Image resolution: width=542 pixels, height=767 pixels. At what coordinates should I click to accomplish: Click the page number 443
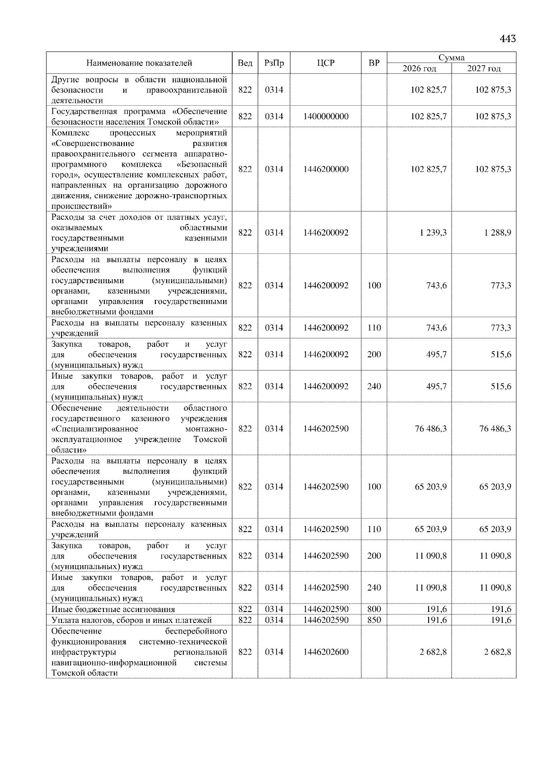tap(508, 39)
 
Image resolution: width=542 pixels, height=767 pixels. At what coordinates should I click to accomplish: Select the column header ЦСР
tap(326, 63)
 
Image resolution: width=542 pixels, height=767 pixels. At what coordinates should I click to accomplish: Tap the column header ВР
tap(374, 63)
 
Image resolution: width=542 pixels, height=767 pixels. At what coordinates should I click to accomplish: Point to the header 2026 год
tap(419, 69)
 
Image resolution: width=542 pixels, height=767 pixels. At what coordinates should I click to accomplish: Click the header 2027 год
tap(484, 69)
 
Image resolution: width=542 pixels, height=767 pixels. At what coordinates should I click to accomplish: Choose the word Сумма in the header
tap(451, 58)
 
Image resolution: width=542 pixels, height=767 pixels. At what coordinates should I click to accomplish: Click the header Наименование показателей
tap(139, 63)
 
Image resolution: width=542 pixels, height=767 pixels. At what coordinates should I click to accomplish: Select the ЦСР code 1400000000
tap(326, 117)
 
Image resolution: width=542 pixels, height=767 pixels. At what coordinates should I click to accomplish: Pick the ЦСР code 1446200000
tap(326, 169)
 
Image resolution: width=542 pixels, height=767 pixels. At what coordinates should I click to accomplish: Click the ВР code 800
tap(374, 609)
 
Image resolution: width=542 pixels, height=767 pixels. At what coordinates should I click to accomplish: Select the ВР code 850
tap(374, 620)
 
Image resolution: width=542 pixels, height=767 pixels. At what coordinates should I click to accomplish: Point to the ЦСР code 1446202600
tap(326, 652)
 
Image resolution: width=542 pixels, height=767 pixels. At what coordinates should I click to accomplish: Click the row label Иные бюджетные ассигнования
tap(113, 609)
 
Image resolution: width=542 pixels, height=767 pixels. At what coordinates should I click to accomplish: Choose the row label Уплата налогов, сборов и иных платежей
tap(131, 620)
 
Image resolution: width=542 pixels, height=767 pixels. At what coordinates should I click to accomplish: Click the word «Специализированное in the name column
tap(95, 429)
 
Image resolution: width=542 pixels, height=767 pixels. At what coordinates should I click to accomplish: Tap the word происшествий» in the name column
tap(82, 206)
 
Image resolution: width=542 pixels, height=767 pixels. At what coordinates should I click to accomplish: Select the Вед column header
tap(245, 63)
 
